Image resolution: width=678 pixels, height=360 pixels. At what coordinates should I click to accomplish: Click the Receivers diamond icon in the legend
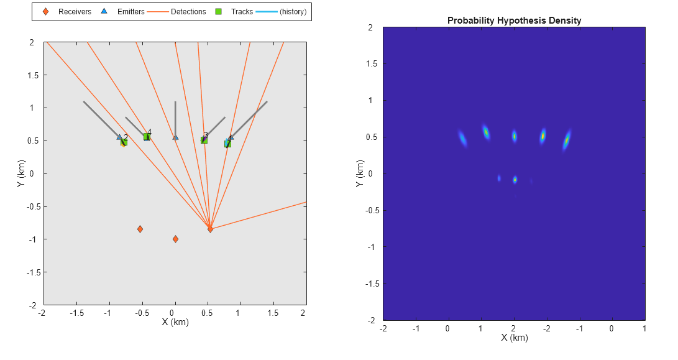45,12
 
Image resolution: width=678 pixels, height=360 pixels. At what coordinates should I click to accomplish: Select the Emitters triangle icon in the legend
104,12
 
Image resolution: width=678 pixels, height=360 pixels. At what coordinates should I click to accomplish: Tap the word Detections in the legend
188,12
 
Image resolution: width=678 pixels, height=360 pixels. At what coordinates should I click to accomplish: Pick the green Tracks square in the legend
219,12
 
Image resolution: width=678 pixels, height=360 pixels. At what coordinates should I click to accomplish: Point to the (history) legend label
293,12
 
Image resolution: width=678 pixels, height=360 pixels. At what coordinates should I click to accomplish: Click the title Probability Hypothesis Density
514,21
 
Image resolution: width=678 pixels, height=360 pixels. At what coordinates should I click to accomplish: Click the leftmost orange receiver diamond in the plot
140,229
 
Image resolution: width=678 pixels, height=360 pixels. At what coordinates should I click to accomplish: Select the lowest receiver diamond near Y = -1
175,239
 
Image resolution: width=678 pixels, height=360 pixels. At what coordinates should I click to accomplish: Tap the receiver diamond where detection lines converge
210,229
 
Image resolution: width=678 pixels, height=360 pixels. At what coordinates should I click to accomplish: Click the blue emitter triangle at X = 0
175,137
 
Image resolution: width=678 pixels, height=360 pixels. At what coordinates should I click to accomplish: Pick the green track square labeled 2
124,142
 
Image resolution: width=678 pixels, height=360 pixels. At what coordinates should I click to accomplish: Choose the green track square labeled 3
204,140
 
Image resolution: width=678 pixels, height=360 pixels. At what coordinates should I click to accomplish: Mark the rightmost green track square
228,144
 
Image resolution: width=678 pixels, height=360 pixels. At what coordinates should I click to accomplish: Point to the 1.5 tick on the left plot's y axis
34,75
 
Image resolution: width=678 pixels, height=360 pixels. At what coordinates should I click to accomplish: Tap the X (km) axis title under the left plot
175,322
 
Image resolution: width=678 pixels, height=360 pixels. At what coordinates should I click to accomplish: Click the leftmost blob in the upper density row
462,137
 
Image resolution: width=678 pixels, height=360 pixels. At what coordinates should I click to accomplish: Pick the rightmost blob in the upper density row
566,140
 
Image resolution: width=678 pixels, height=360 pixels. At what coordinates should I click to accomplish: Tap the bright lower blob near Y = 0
515,180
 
